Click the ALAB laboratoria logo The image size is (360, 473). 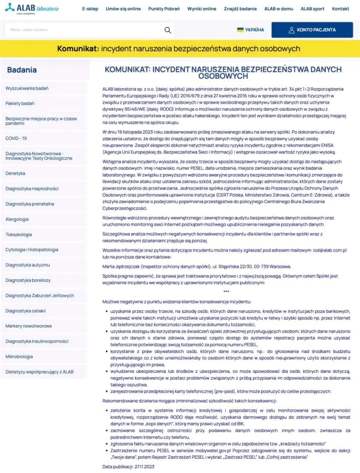point(32,9)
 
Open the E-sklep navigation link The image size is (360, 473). point(90,9)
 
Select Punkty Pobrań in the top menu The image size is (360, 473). point(164,9)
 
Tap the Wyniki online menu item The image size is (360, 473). point(202,9)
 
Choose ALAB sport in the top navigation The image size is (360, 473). point(312,9)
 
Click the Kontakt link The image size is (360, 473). point(341,9)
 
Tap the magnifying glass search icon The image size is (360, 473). point(168,30)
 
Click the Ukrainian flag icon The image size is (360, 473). point(240,30)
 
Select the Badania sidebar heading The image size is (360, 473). point(22,70)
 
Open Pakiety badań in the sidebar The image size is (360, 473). point(20,103)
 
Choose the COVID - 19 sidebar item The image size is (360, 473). point(16,138)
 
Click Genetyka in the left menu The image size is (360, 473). point(15,173)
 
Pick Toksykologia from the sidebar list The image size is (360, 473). point(19,234)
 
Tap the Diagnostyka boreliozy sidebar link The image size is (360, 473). point(28,280)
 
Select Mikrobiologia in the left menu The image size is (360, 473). point(19,356)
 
